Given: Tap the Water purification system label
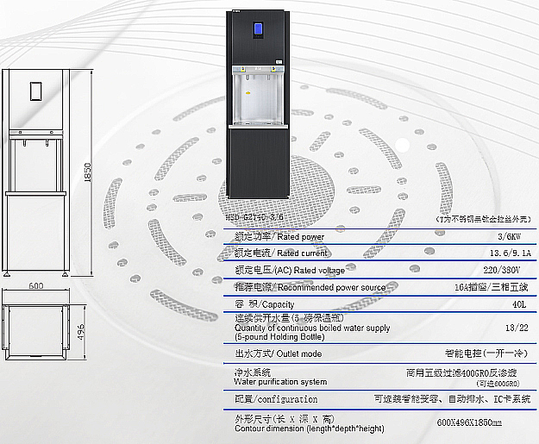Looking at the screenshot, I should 280,380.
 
